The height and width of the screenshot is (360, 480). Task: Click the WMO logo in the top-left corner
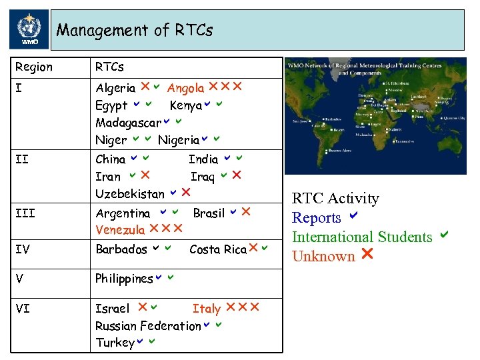(28, 30)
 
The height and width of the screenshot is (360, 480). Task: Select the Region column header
(33, 67)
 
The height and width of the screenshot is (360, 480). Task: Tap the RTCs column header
(109, 67)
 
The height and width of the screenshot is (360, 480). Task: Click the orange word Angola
(185, 88)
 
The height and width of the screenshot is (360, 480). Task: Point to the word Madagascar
(128, 123)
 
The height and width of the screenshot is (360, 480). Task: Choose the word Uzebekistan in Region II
(129, 194)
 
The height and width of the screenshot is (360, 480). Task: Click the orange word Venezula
(120, 230)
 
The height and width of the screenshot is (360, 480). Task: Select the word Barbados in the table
(121, 249)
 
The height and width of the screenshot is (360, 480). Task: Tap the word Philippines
(124, 279)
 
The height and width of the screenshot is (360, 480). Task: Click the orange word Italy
(206, 309)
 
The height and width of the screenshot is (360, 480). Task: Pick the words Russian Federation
(147, 326)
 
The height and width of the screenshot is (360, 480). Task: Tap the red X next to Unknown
(367, 255)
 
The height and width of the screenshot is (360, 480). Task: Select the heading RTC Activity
(335, 199)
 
